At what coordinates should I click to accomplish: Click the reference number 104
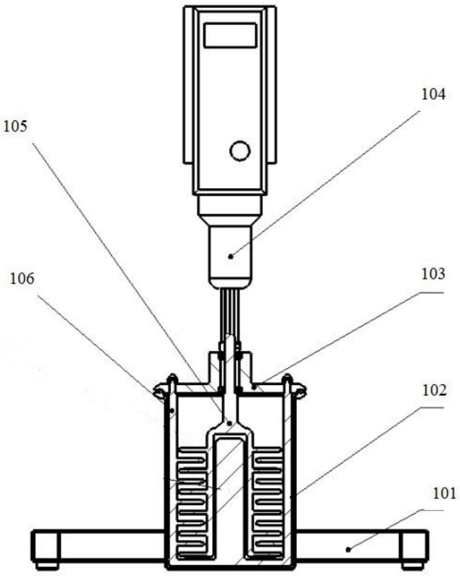(433, 95)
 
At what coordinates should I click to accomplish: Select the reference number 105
(15, 127)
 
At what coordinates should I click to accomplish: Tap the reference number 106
(22, 279)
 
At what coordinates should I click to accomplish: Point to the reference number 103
(433, 274)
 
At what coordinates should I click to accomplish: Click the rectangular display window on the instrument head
(230, 36)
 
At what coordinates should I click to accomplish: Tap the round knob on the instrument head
(240, 151)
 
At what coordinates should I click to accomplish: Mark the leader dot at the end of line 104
(231, 256)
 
